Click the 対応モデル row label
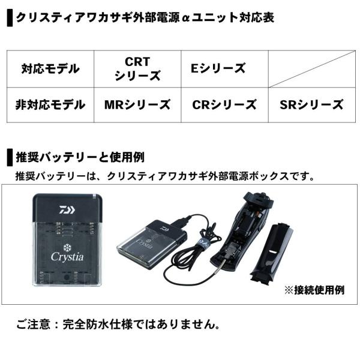pos(50,69)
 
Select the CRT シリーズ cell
pos(137,68)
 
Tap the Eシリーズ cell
pos(225,68)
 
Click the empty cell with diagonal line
pos(312,68)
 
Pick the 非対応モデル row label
pos(50,104)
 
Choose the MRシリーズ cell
pos(137,105)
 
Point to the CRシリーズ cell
pos(225,105)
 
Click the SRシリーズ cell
pos(312,105)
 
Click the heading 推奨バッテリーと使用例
pos(80,157)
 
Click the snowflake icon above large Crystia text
pos(67,247)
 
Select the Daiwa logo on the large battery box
pos(67,210)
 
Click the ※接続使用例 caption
pos(314,290)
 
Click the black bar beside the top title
pos(10,18)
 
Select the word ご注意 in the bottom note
pos(33,325)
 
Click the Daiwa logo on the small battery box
pos(164,229)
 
